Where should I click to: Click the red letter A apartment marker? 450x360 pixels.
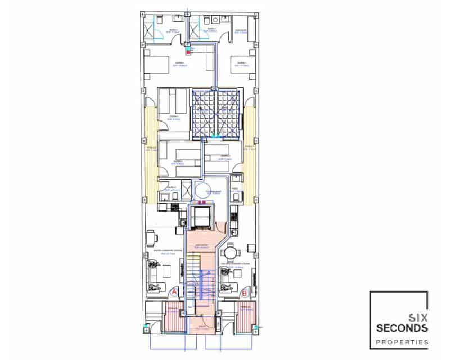174,292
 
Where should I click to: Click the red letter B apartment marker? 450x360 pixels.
244,292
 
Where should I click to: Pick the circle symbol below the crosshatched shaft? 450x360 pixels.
201,190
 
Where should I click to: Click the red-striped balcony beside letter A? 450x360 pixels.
174,318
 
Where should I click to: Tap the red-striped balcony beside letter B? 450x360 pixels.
246,318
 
